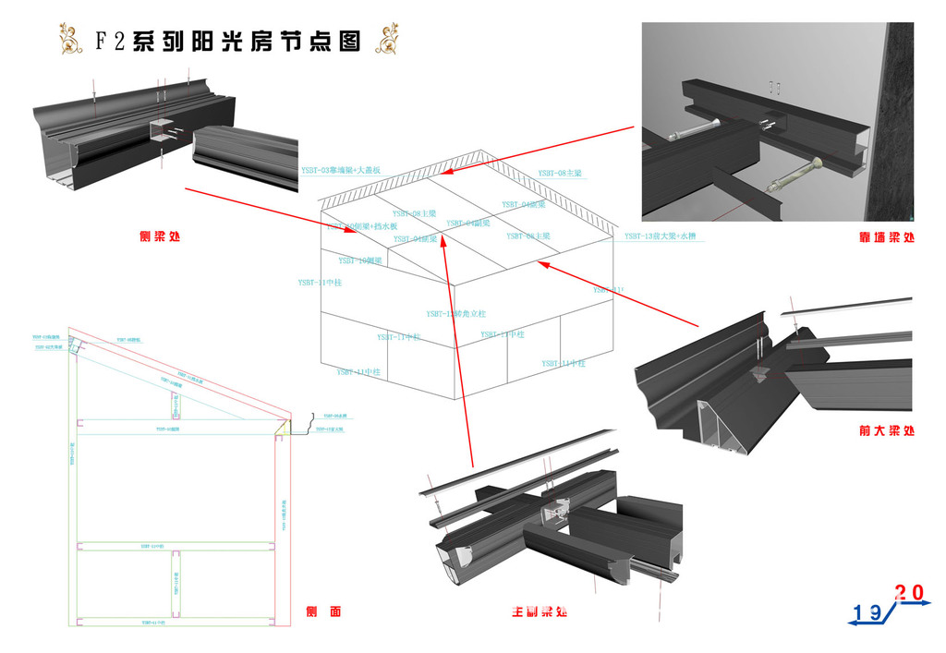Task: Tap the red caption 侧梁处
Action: point(159,236)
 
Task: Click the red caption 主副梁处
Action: point(540,611)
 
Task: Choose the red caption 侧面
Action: point(323,611)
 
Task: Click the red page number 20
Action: point(909,592)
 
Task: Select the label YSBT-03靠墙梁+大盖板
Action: point(341,170)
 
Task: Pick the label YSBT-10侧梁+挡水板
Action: point(362,226)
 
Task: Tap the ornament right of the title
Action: point(388,39)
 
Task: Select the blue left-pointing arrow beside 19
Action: point(859,624)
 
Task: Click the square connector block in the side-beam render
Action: point(163,132)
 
